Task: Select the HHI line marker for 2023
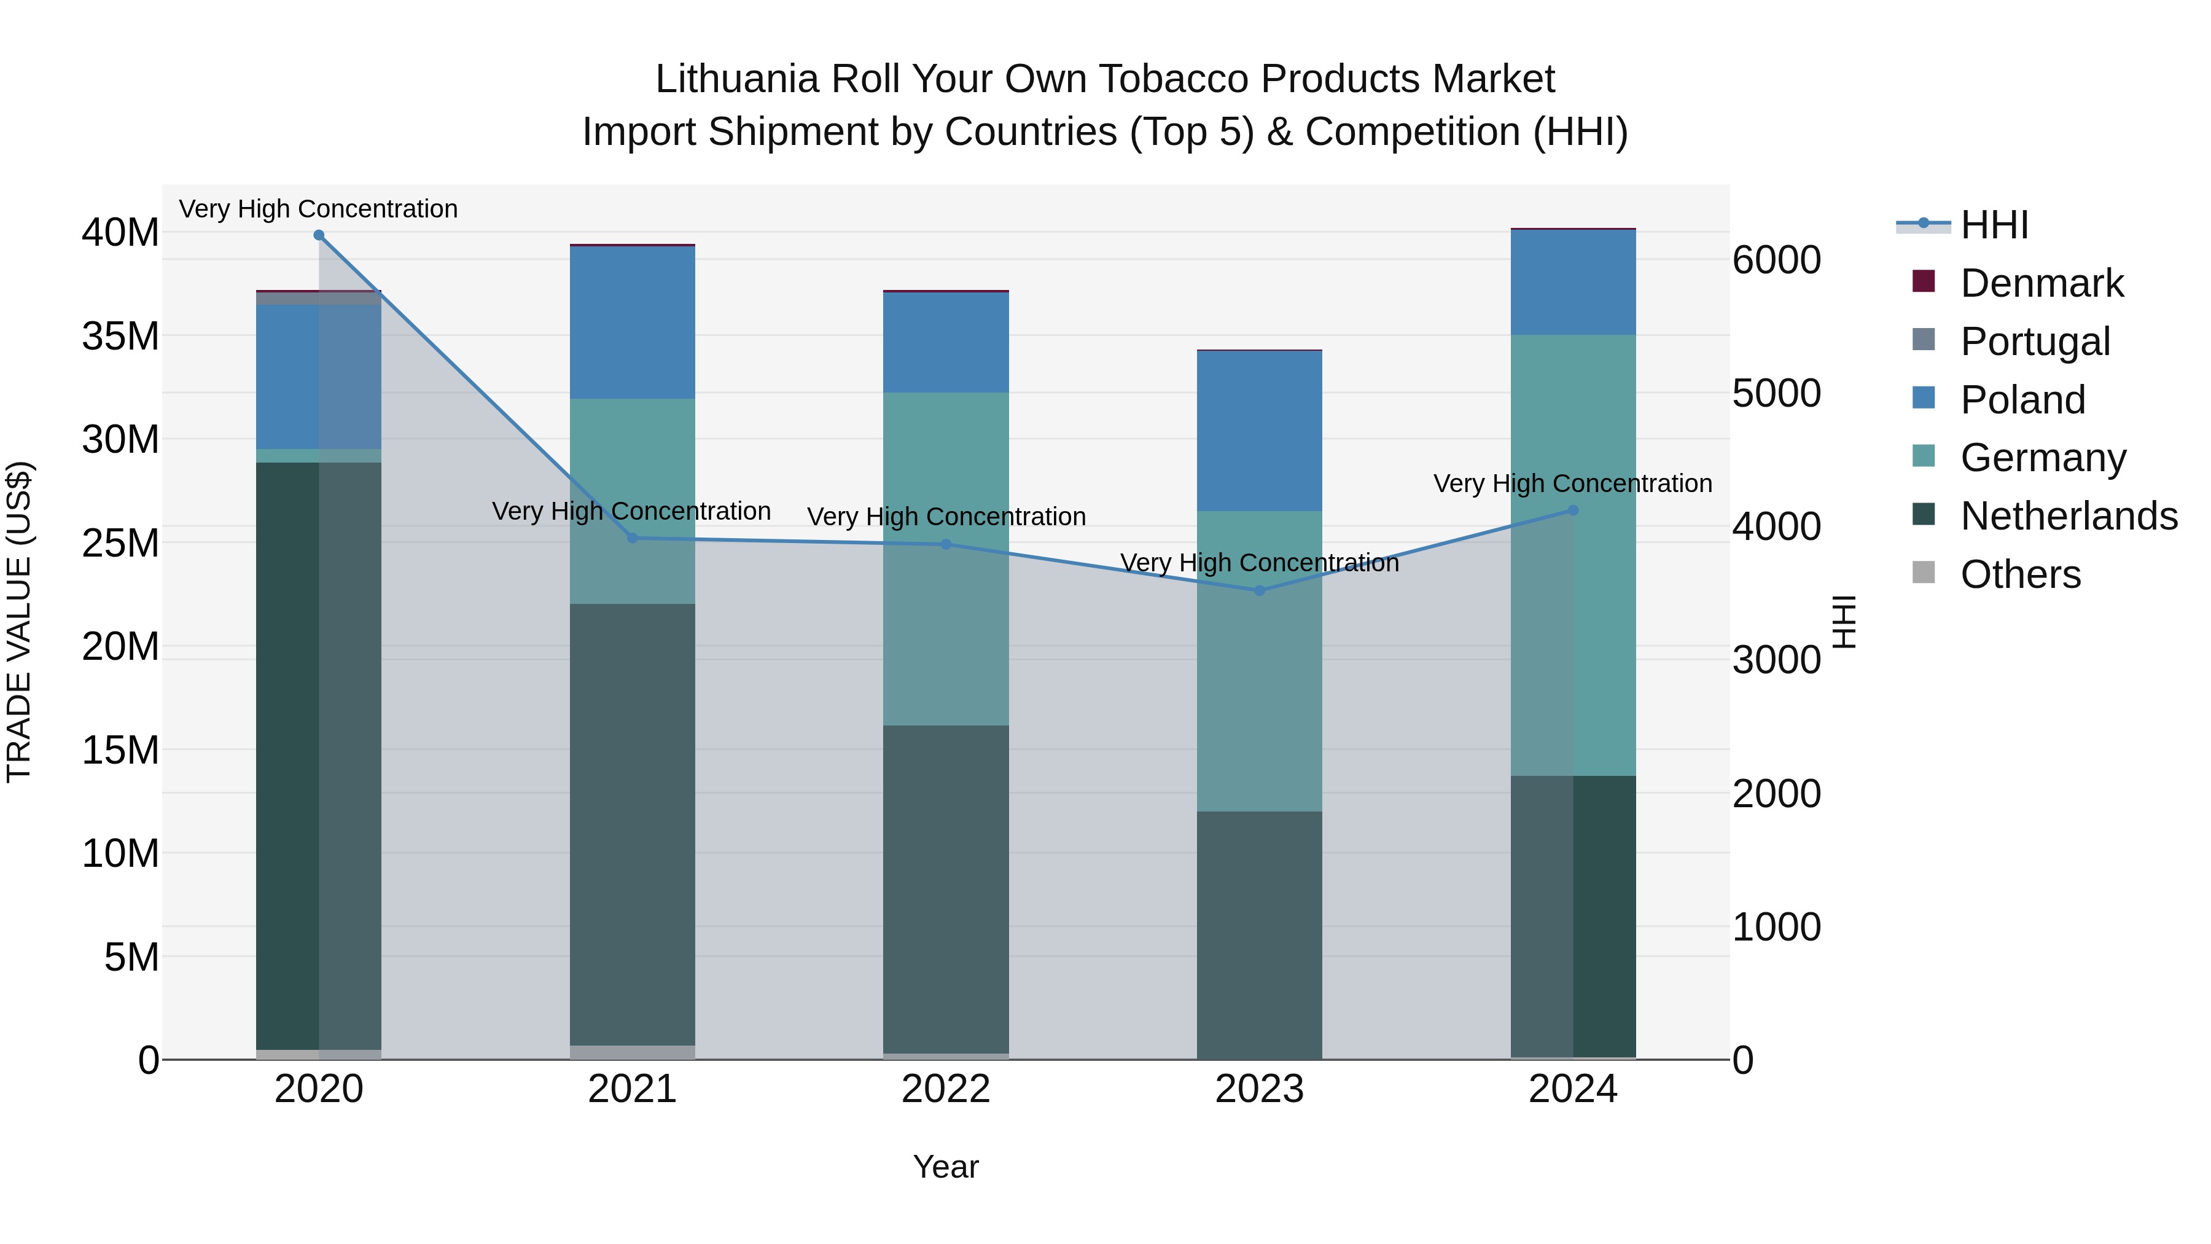(x=1259, y=590)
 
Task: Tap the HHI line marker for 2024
(x=1573, y=510)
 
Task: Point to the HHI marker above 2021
(x=633, y=538)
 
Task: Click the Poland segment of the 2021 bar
(x=633, y=322)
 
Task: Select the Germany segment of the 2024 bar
(x=1573, y=555)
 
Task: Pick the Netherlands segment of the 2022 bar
(x=946, y=888)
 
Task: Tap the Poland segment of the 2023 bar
(x=1259, y=431)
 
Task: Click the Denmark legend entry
(x=2041, y=283)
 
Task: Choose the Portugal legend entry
(x=2034, y=342)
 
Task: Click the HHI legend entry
(x=1994, y=225)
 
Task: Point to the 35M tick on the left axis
(x=120, y=335)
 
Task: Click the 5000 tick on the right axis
(x=1776, y=393)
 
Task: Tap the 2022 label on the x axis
(x=946, y=1089)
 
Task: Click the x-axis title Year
(x=946, y=1167)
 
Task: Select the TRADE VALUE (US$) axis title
(x=19, y=622)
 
